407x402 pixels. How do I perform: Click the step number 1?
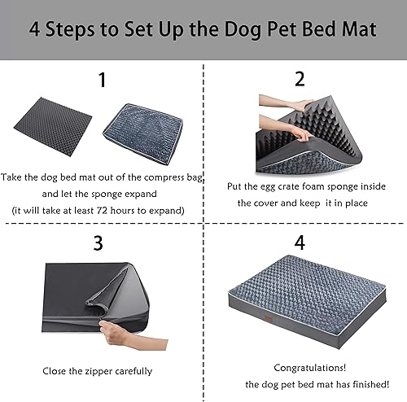tap(102, 81)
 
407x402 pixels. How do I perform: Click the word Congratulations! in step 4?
tap(304, 367)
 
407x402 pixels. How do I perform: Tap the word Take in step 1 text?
tap(14, 177)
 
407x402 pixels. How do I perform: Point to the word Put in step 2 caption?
tap(236, 186)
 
